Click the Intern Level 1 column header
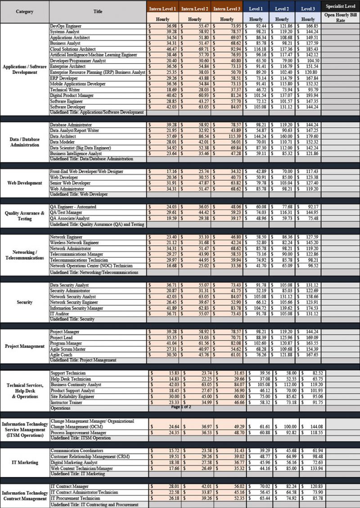162,9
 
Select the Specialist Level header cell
340,6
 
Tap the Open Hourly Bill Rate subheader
340,18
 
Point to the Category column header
24,11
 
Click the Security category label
24,302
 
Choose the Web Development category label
24,183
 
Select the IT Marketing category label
24,462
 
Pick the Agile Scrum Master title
67,349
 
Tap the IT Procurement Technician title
76,499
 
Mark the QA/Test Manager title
66,212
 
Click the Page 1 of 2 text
181,407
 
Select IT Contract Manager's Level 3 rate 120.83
310,486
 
